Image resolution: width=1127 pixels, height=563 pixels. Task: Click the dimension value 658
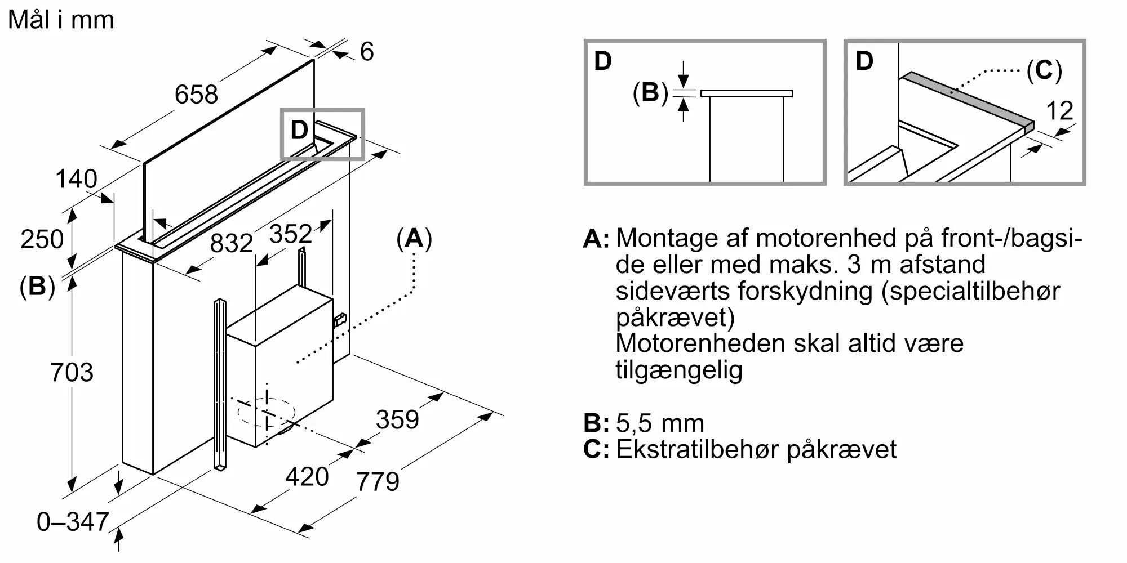196,94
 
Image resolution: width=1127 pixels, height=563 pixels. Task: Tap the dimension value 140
76,179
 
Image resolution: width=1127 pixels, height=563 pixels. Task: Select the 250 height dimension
42,239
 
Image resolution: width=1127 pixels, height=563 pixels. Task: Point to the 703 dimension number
72,373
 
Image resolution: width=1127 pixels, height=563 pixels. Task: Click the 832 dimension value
232,243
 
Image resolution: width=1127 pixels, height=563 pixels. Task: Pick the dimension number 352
291,234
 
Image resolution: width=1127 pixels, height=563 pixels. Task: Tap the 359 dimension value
397,419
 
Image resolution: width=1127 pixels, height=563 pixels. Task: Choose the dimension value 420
307,477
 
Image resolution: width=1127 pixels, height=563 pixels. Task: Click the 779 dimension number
378,481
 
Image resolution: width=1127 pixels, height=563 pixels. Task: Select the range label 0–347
73,522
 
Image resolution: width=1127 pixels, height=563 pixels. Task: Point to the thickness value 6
367,52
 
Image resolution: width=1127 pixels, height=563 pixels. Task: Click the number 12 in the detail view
1059,111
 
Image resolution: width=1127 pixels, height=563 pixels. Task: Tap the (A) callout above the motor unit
414,239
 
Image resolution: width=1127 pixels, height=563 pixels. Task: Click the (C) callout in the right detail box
1044,71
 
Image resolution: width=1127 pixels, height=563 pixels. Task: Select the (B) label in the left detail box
650,92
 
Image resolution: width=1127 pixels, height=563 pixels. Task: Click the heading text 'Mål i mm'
61,20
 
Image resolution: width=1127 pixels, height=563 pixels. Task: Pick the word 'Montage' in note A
682,239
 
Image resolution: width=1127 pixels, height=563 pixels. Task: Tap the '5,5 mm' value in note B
660,423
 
